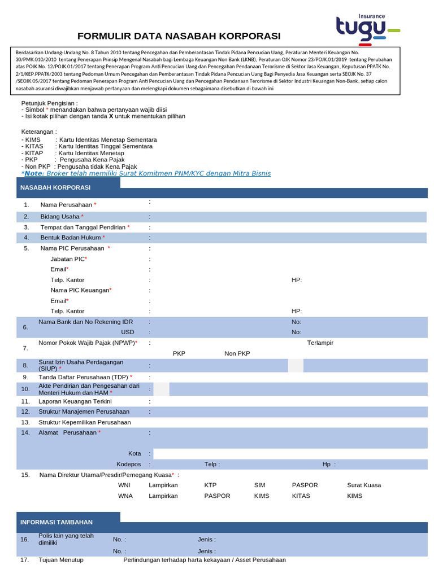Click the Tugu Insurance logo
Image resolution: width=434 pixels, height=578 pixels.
coord(367,28)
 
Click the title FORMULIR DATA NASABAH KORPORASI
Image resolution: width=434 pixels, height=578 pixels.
coord(179,36)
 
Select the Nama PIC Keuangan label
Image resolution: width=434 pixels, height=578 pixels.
coord(81,290)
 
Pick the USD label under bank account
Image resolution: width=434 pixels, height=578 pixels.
coord(128,332)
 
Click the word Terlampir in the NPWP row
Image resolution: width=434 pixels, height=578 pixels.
coord(320,343)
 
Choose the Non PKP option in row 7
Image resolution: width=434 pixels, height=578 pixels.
coord(237,353)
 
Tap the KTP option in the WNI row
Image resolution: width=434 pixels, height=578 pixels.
coord(210,485)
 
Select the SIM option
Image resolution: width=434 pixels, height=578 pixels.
coord(259,485)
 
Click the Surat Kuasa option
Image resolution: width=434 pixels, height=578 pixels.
coord(364,485)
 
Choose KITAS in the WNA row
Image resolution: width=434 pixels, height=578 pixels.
coord(300,496)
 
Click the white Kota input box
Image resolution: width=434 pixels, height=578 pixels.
coord(289,454)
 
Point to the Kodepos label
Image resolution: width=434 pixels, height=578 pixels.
coord(128,464)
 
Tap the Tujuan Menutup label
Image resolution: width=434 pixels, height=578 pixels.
coord(60,560)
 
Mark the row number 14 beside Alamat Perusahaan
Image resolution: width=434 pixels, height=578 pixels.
coord(25,432)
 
